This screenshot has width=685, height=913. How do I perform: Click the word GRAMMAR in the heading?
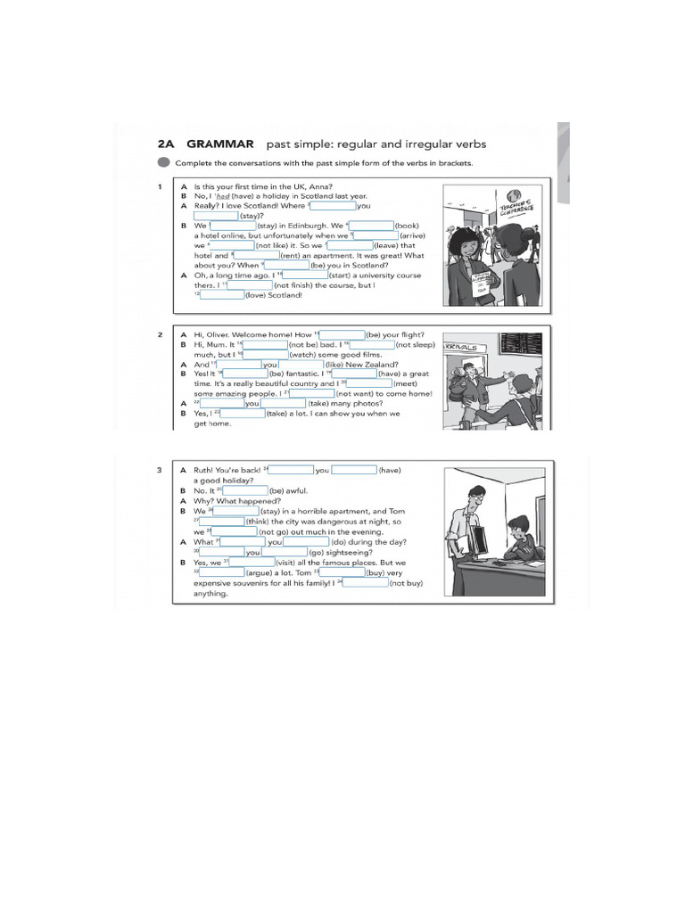(x=219, y=144)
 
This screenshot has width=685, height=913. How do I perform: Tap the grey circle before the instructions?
(x=162, y=163)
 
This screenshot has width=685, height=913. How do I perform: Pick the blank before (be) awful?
(x=246, y=490)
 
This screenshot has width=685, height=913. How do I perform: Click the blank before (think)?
(x=221, y=522)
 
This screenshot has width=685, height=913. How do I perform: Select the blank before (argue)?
(x=221, y=573)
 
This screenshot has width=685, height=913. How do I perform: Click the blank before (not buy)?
(x=366, y=583)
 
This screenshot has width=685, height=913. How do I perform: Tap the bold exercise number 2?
(x=159, y=334)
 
